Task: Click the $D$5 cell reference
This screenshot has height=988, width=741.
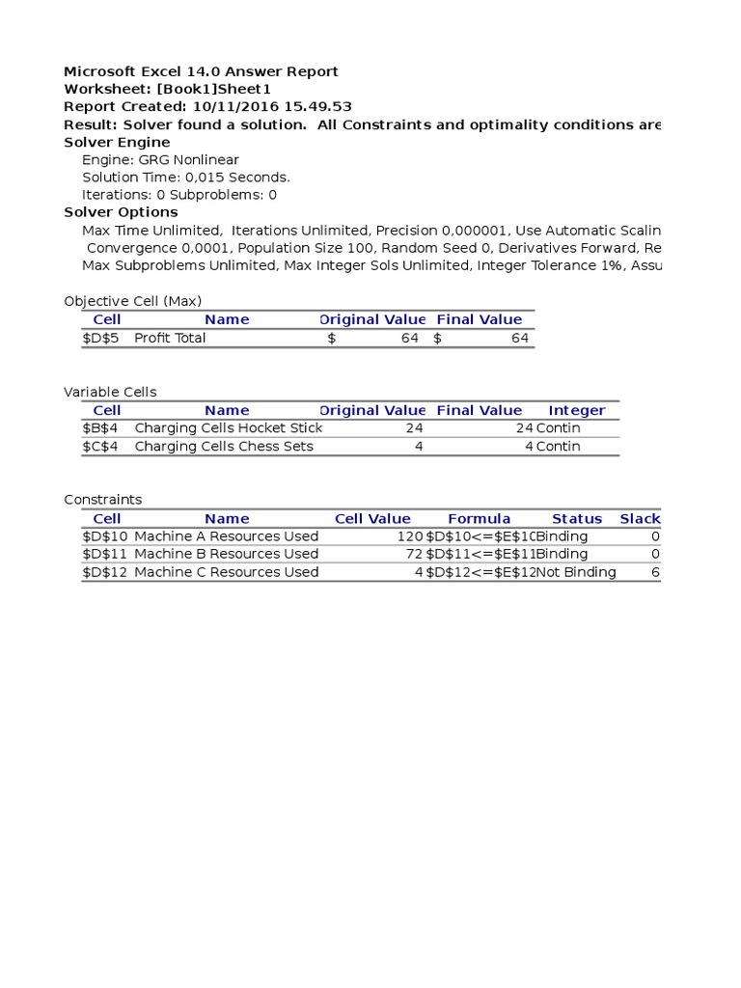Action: tap(101, 339)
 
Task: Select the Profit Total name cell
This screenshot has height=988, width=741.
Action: tap(170, 339)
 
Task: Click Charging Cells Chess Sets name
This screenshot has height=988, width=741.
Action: tap(224, 447)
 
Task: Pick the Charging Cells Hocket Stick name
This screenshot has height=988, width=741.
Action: tap(229, 428)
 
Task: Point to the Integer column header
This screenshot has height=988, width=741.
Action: tap(577, 411)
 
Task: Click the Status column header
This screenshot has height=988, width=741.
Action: tap(577, 519)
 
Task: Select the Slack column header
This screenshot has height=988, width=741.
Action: tap(640, 519)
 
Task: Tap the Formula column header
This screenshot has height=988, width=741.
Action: tap(480, 519)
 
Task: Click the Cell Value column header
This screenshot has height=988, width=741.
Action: tap(372, 519)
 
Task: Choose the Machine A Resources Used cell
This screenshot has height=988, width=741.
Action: tap(227, 536)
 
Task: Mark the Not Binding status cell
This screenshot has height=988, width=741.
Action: tap(576, 572)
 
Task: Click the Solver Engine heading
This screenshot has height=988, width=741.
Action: tap(117, 143)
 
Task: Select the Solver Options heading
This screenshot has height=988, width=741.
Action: tap(121, 212)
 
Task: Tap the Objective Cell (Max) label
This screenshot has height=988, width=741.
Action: tap(133, 301)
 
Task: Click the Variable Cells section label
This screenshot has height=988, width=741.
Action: tap(110, 393)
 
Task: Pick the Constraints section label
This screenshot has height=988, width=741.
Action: tap(103, 500)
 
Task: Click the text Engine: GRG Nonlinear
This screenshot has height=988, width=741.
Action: tap(160, 160)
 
